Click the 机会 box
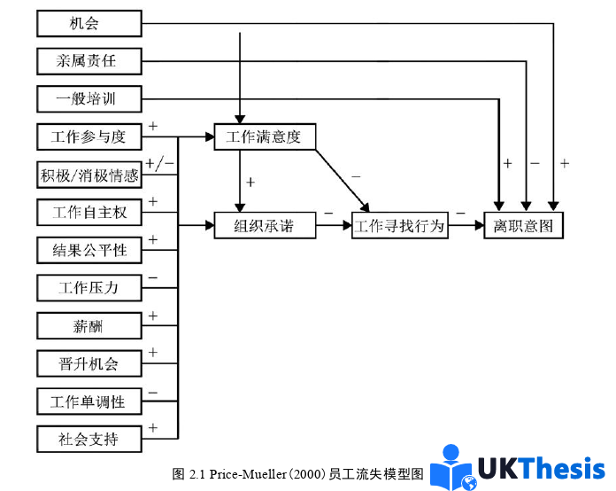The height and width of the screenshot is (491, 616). pyautogui.click(x=89, y=23)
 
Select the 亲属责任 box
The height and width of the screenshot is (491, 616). pyautogui.click(x=89, y=61)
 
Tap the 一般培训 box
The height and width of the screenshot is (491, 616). pyautogui.click(x=89, y=99)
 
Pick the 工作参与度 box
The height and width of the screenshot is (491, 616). pyautogui.click(x=89, y=137)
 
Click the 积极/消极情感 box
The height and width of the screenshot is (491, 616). pyautogui.click(x=89, y=175)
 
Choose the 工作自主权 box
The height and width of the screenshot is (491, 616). pyautogui.click(x=89, y=213)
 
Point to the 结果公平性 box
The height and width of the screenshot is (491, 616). pyautogui.click(x=89, y=251)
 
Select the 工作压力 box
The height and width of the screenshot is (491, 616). pyautogui.click(x=89, y=288)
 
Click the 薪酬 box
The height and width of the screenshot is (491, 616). pyautogui.click(x=89, y=326)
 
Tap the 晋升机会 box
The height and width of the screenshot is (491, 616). pyautogui.click(x=89, y=363)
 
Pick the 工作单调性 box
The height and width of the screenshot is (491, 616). pyautogui.click(x=89, y=401)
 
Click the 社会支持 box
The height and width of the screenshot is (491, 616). pyautogui.click(x=89, y=439)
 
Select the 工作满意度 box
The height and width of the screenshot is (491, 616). pyautogui.click(x=265, y=137)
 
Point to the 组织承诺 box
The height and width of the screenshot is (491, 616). pyautogui.click(x=265, y=226)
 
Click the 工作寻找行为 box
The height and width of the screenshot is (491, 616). pyautogui.click(x=400, y=226)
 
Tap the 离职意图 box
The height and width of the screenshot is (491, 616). pyautogui.click(x=523, y=226)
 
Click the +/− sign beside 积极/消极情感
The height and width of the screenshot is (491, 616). pyautogui.click(x=159, y=164)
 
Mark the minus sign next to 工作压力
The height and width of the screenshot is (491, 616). pyautogui.click(x=153, y=278)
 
